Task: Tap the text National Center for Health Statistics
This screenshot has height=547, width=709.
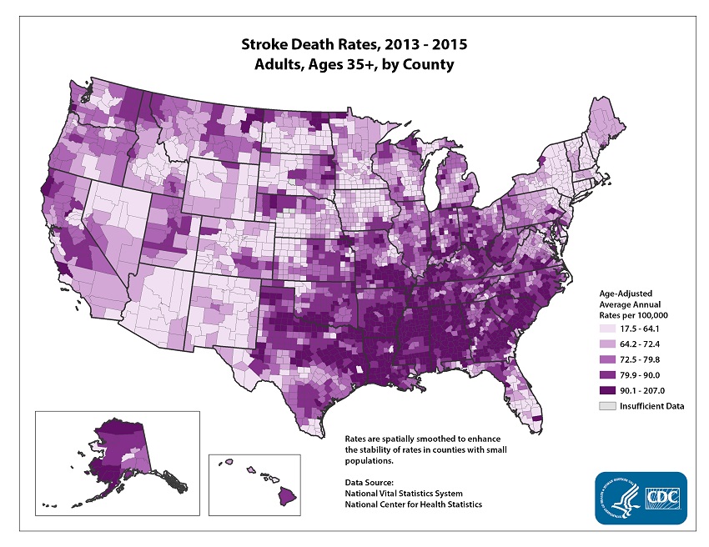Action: coord(413,504)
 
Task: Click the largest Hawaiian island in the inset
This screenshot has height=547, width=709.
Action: coord(286,496)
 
